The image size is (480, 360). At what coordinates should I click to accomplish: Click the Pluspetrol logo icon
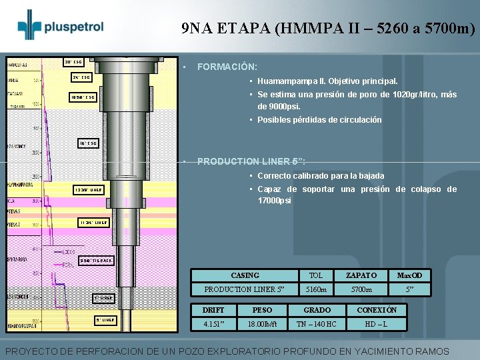(29, 25)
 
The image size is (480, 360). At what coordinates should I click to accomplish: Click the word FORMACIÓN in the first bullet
(227, 67)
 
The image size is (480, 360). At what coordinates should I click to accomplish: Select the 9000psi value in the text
(285, 106)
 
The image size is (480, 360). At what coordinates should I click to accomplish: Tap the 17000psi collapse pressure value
(275, 201)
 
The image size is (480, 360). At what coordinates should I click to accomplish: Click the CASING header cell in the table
(245, 275)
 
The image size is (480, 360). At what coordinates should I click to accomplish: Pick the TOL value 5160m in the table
(316, 289)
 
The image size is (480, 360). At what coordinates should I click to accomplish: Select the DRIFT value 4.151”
(213, 324)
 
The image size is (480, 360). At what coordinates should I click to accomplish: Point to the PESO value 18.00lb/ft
(262, 324)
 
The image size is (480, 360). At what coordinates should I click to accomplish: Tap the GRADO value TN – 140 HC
(317, 324)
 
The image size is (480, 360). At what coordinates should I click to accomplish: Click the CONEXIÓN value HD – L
(377, 324)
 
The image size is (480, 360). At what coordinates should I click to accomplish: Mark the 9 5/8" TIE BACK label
(96, 259)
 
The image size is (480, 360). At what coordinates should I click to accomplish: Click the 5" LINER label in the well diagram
(105, 320)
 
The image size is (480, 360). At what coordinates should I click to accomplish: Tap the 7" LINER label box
(103, 297)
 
